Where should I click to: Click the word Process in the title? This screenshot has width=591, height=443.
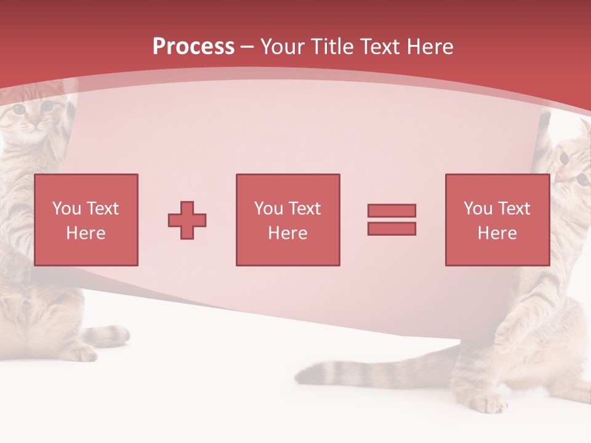click(x=193, y=47)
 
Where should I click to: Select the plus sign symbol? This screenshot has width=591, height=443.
click(x=187, y=220)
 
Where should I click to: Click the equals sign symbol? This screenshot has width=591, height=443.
click(x=392, y=220)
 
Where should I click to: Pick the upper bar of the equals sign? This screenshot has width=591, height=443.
click(x=392, y=211)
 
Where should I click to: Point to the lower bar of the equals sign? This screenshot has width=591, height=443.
click(x=392, y=228)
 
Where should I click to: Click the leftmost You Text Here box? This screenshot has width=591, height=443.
click(x=86, y=220)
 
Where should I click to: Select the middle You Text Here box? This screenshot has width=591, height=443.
click(x=287, y=220)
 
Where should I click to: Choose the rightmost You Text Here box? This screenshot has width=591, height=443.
click(x=497, y=220)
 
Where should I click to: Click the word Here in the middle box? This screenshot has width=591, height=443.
click(x=287, y=233)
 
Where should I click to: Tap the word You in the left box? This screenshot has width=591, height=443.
click(x=66, y=209)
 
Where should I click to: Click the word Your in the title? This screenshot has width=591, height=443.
click(x=281, y=47)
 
